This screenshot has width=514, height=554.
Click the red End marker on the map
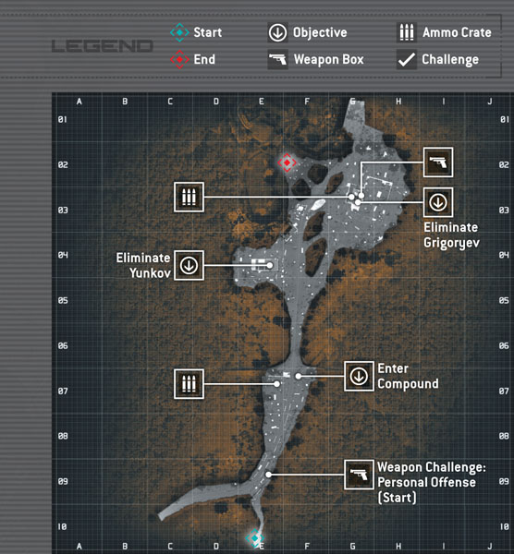coord(287,163)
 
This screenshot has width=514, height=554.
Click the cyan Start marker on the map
coord(255,538)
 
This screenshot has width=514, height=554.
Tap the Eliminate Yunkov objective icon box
coord(189,265)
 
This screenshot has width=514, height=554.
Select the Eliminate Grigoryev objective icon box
coord(438,202)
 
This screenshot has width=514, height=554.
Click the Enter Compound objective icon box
coord(359,377)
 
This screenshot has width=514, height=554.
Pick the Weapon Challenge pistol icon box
coord(359,475)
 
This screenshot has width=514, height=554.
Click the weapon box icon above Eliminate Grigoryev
coord(438,163)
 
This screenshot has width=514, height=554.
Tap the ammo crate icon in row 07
coord(189,384)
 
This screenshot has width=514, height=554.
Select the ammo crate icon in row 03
coord(189,198)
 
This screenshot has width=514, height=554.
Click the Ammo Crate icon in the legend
coord(407,32)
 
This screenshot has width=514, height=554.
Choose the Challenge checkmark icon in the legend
coord(407,59)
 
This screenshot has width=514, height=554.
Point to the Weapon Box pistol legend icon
coord(277,59)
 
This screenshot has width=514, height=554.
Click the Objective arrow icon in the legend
coord(277,32)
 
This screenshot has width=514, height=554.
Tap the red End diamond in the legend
coord(179,59)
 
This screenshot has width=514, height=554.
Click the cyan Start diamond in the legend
coord(179,32)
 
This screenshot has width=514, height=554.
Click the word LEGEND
coord(103,46)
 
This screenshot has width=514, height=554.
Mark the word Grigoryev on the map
coord(451,244)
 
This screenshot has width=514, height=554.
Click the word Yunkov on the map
coord(150,273)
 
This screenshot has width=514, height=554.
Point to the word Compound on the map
coord(408,384)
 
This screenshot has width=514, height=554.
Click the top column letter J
coord(490,102)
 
